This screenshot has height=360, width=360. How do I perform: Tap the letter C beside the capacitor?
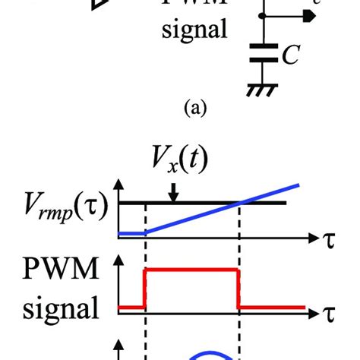point(291,55)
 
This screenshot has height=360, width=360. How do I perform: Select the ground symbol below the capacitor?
point(263,88)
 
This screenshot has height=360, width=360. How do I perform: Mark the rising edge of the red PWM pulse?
point(145,289)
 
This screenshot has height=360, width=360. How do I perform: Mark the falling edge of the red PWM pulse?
point(239,289)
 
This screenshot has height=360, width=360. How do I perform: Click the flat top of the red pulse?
point(192,270)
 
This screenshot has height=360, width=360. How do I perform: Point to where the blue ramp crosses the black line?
point(240,202)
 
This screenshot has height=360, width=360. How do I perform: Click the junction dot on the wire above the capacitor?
point(263,14)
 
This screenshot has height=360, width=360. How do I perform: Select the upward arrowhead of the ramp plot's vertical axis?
point(118,185)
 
